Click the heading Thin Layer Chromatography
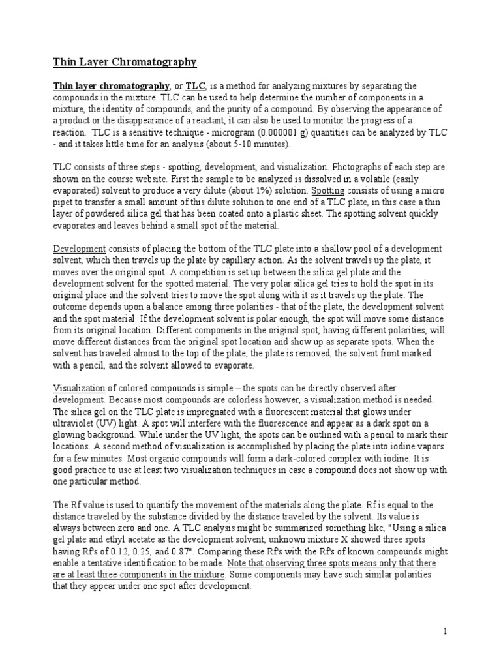coord(124,63)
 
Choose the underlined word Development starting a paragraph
coord(79,250)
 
